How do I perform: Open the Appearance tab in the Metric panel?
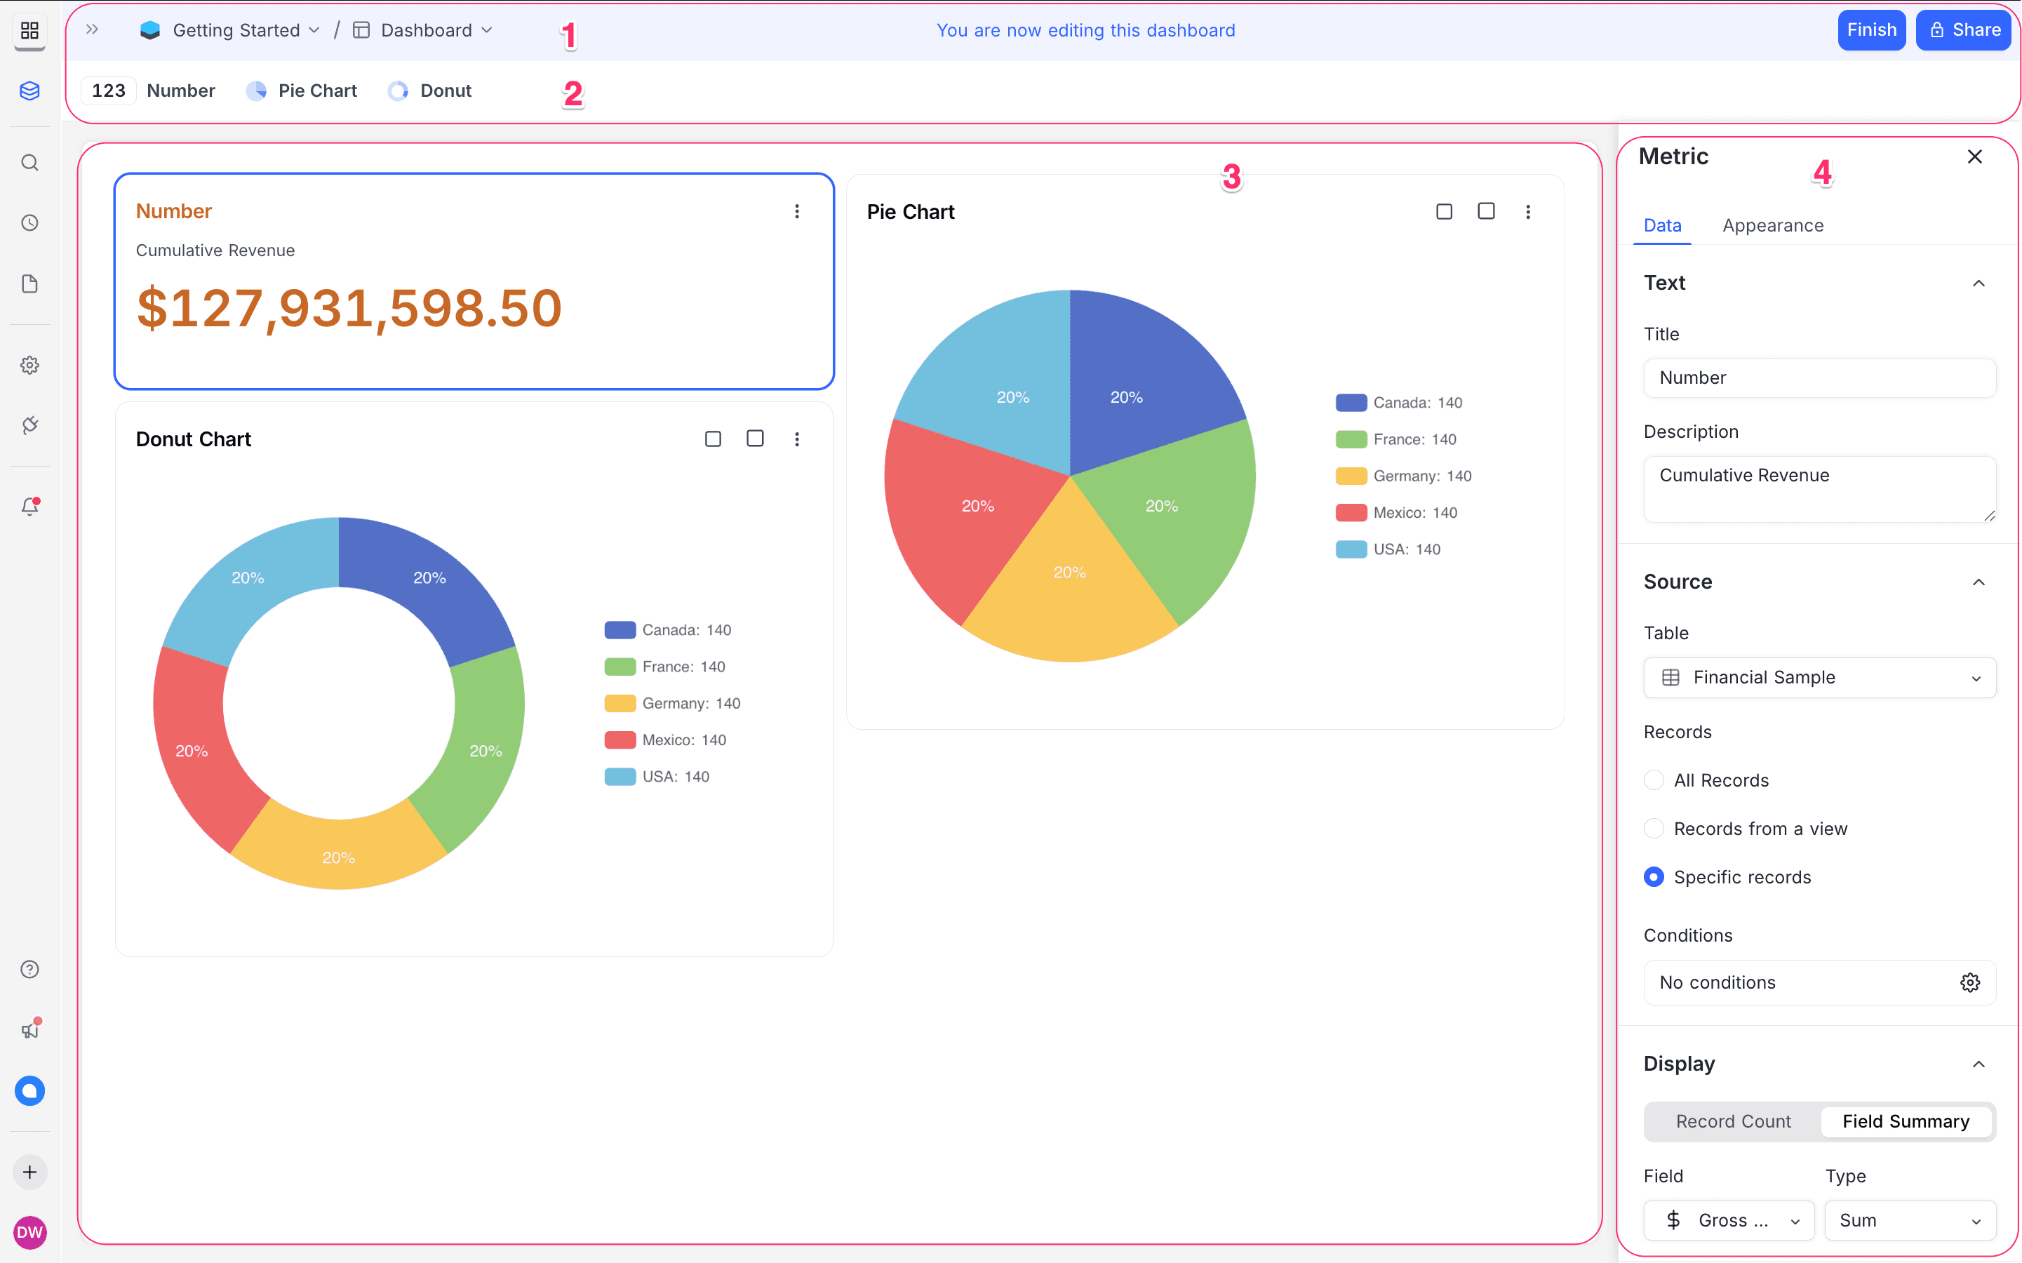1772,225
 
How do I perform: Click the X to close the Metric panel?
1974,157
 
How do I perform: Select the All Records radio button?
1653,780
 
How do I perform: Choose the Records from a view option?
1653,829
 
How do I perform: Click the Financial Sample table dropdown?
1819,677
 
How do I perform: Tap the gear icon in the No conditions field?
1969,982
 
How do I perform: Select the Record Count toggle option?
1732,1121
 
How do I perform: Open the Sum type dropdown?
1909,1220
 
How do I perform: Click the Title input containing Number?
1819,377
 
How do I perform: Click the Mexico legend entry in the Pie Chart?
1396,513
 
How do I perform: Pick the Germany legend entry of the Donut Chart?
672,703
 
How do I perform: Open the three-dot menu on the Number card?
797,211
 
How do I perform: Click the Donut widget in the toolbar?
431,91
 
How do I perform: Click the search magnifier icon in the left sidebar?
30,163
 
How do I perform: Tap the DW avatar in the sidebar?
30,1231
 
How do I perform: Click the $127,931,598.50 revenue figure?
349,308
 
